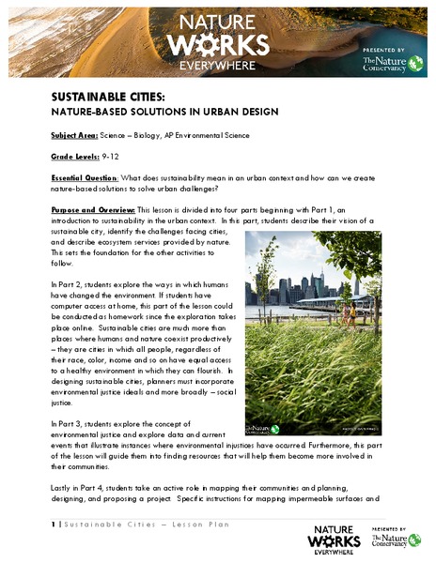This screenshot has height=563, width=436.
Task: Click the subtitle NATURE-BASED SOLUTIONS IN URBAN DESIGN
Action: (x=164, y=111)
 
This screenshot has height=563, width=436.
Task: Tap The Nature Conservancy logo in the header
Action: (x=383, y=64)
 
